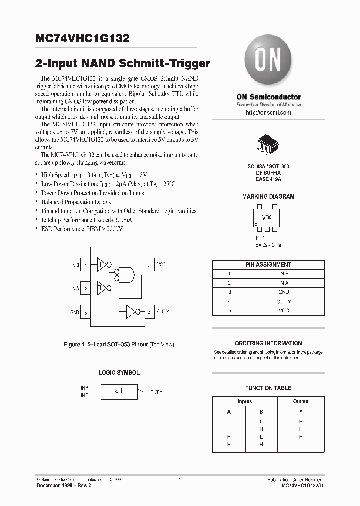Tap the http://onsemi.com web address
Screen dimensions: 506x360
pyautogui.click(x=268, y=113)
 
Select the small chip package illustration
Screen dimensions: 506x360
pyautogui.click(x=268, y=145)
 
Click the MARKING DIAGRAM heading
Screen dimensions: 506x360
pyautogui.click(x=268, y=197)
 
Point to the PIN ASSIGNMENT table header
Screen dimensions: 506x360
pyautogui.click(x=268, y=265)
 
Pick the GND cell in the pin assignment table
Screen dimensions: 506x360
pyautogui.click(x=284, y=292)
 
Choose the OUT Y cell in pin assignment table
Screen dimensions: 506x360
pyautogui.click(x=284, y=301)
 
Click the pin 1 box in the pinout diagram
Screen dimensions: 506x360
pyautogui.click(x=85, y=265)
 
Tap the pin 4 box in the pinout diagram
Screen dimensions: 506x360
pyautogui.click(x=149, y=312)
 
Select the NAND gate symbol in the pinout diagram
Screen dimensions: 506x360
pyautogui.click(x=128, y=274)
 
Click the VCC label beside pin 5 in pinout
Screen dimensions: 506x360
pyautogui.click(x=162, y=265)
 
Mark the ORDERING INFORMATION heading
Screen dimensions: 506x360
pyautogui.click(x=268, y=343)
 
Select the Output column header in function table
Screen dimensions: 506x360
pyautogui.click(x=300, y=401)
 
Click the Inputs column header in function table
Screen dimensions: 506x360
pyautogui.click(x=245, y=401)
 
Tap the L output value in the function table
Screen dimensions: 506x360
pyautogui.click(x=300, y=444)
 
